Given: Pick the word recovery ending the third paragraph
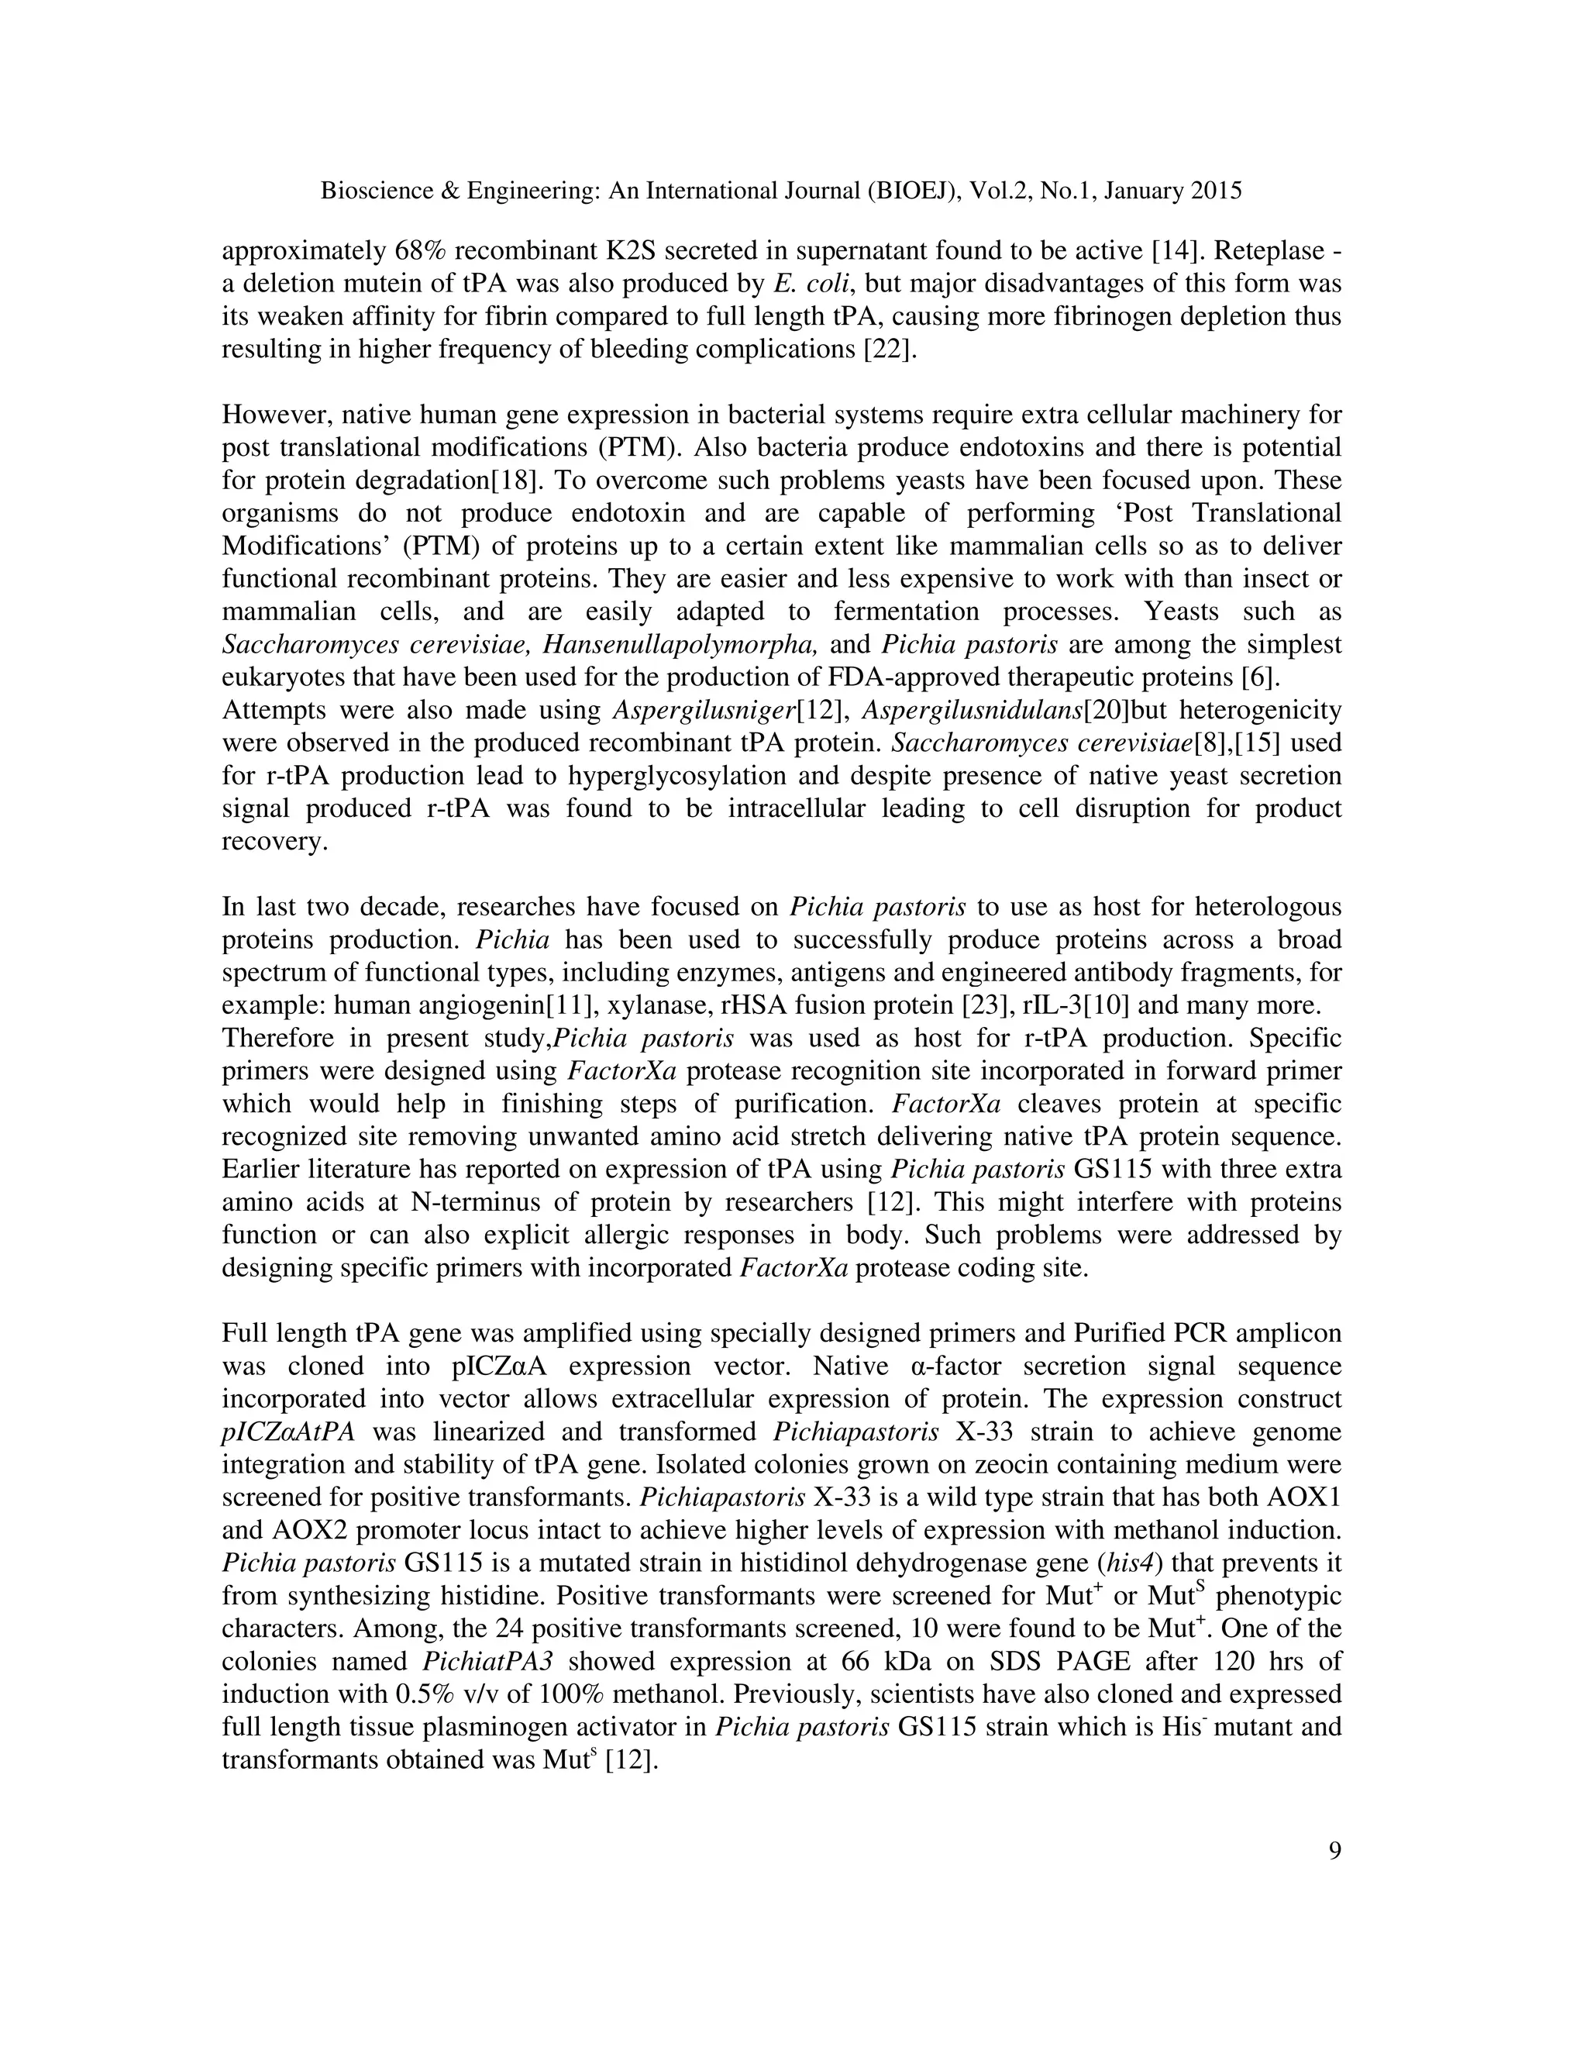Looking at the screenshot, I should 274,842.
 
